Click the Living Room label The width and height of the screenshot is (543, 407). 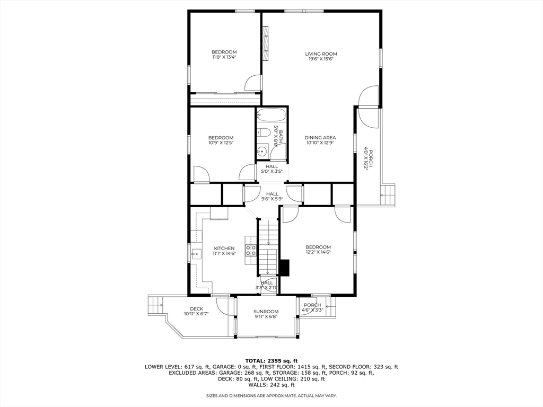point(321,54)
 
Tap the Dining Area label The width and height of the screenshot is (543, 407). point(320,137)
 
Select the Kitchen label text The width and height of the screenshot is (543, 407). point(224,248)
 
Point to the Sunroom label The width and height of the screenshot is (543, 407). point(266,312)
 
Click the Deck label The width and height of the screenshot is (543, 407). point(196,309)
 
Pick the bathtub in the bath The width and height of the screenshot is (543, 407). point(271,115)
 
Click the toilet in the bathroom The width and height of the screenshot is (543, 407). point(264,133)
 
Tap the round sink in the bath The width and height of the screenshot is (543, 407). point(262,151)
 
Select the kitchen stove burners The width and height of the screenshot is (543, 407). point(251,250)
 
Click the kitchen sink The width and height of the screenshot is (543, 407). point(196,254)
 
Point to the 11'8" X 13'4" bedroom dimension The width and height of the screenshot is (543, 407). point(224,57)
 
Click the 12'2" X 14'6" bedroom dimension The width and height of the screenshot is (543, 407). point(318,252)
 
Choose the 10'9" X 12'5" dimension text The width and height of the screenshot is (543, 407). point(221,143)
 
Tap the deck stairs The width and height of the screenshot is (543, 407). point(156,305)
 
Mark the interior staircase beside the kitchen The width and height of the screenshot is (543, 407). point(268,246)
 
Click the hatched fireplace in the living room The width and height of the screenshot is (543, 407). point(266,43)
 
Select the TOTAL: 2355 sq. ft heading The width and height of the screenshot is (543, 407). point(271,360)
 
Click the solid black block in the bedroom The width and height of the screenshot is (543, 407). point(284,268)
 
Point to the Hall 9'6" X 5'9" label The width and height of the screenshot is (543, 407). point(272,196)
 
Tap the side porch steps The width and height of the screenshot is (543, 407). point(388,195)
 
